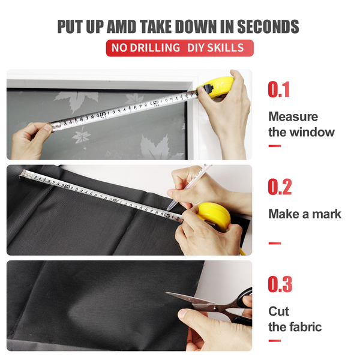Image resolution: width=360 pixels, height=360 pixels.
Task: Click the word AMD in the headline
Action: coord(121,26)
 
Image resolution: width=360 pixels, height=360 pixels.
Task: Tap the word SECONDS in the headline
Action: coord(268,26)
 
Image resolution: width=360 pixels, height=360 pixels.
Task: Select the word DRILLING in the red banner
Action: coord(155,48)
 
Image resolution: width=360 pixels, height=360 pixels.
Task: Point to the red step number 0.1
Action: coord(279,89)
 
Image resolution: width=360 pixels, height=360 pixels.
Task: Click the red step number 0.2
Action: coord(280,187)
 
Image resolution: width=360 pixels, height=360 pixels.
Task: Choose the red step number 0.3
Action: coord(280,284)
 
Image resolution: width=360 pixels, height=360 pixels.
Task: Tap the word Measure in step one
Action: coord(293,116)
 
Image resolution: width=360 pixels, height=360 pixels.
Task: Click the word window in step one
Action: coord(312,132)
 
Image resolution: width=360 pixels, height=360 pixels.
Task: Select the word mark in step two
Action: coord(327,214)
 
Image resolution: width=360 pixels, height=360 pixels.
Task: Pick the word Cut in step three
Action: coord(279,311)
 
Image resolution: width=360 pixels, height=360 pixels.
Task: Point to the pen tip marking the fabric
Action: coord(168,209)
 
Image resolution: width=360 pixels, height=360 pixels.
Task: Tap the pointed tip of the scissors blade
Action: coord(167,293)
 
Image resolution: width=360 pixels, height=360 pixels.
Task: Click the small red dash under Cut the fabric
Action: coord(275,341)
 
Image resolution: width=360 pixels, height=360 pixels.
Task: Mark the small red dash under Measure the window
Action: coord(275,146)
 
